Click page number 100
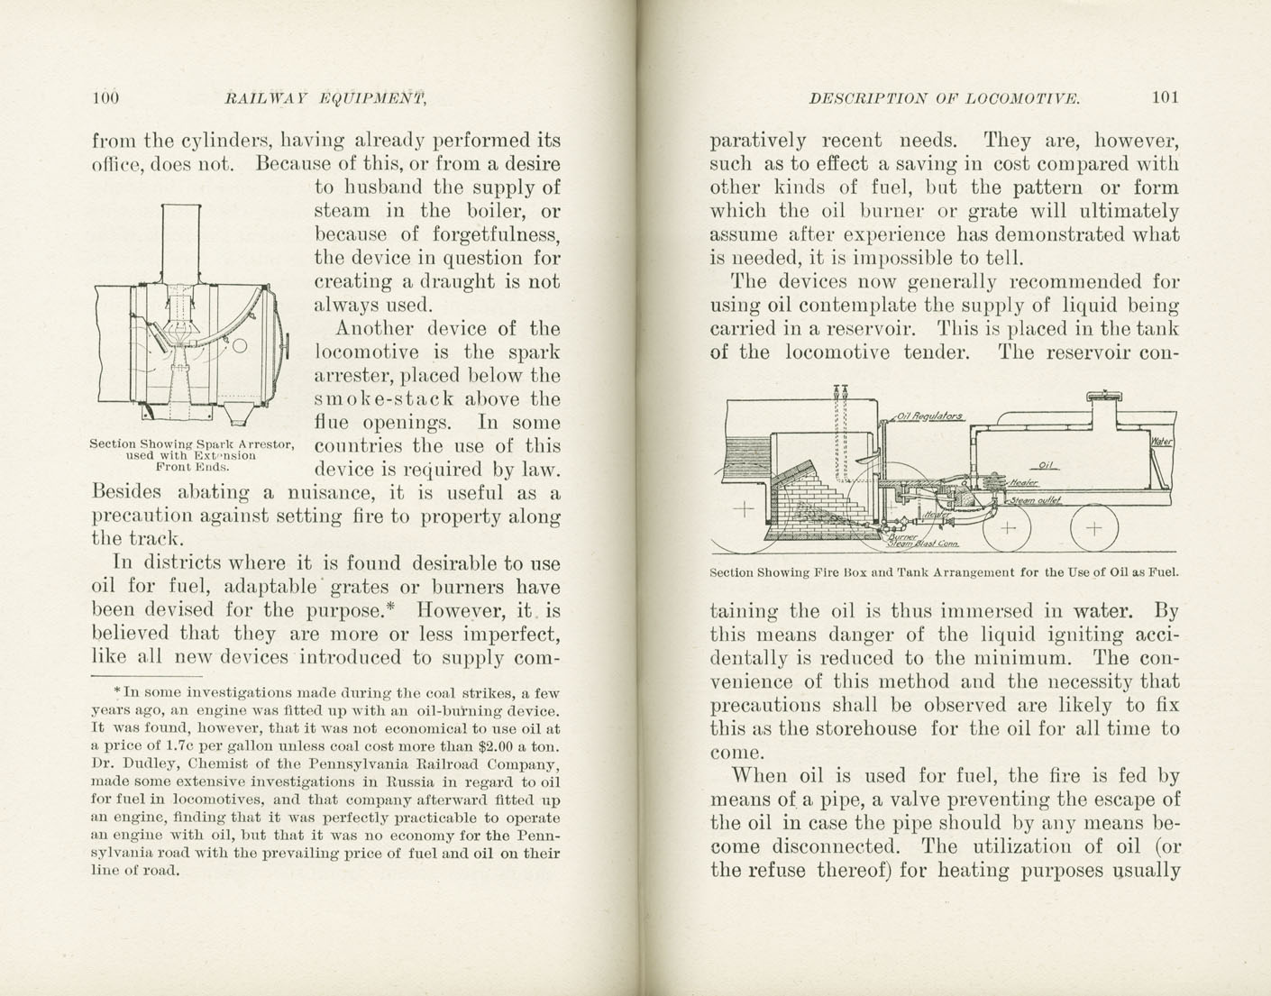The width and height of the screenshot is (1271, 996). coord(105,98)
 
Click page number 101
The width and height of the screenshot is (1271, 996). coord(1165,97)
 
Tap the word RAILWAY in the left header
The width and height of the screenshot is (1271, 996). coord(266,98)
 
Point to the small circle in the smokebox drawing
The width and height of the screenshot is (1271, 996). coord(241,346)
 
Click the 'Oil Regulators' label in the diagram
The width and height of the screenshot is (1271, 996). coord(930,416)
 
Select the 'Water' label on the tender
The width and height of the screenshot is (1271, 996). coord(1162,442)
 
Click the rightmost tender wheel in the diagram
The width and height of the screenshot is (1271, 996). coord(1093,528)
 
